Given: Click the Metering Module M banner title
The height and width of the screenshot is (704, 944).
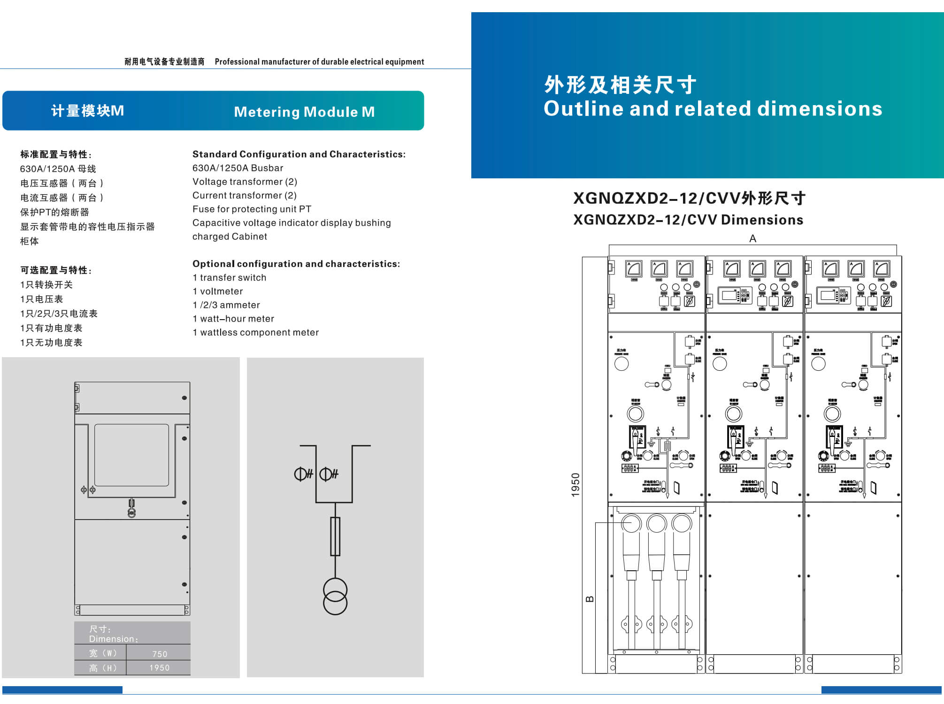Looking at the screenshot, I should click(x=304, y=112).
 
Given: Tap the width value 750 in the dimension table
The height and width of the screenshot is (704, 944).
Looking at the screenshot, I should click(x=160, y=654).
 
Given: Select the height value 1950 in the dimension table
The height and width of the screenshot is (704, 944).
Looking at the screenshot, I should click(x=159, y=668).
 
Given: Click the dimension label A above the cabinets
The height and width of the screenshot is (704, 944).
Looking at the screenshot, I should click(x=752, y=238).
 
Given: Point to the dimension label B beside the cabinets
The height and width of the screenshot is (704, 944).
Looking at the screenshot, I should click(x=590, y=599).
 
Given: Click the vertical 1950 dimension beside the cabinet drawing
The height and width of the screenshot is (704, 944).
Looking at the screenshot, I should click(x=576, y=485).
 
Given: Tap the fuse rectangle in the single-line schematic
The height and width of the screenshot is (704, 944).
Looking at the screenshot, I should click(x=335, y=536).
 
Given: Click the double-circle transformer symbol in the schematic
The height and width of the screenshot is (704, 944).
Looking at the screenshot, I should click(x=335, y=597).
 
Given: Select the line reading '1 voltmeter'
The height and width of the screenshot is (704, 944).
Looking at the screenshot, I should click(x=217, y=291).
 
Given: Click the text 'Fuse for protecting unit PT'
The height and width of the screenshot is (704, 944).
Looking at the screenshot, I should click(x=252, y=209).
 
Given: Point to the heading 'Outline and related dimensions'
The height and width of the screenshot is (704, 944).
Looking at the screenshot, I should click(x=713, y=109).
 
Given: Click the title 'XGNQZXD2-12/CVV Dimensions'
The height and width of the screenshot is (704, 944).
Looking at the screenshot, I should click(x=688, y=220).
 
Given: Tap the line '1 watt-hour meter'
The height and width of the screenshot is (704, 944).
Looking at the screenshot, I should click(x=233, y=319).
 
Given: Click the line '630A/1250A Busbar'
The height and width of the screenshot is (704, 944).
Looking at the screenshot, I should click(x=238, y=168).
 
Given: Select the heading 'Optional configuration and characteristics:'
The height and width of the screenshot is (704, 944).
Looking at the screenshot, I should click(x=296, y=264).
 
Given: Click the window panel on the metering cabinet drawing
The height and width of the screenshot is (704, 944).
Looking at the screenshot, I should click(x=131, y=455).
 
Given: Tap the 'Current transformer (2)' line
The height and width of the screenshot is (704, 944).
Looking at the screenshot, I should click(x=244, y=195).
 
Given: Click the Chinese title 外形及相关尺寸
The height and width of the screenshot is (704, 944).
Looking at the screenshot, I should click(x=620, y=85).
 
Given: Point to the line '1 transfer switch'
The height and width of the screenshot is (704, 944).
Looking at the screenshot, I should click(x=229, y=277).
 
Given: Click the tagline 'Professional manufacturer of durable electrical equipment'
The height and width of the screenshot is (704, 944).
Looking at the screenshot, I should click(x=319, y=61).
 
